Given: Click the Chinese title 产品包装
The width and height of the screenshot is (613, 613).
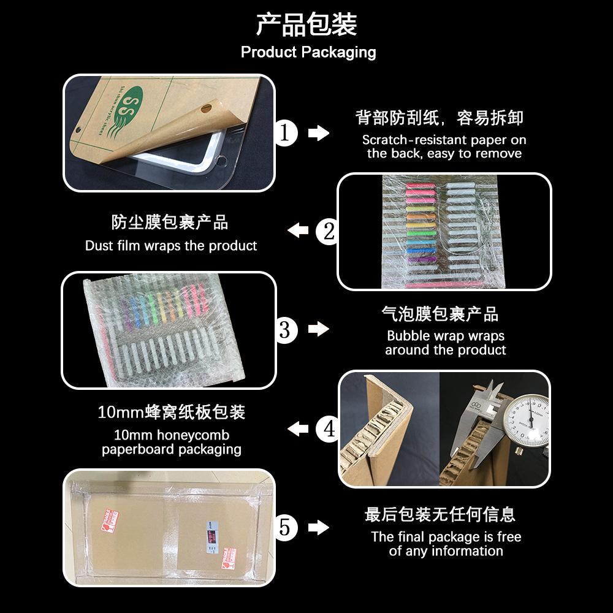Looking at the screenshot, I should pyautogui.click(x=306, y=25).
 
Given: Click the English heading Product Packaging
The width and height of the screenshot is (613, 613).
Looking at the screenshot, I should pyautogui.click(x=308, y=52).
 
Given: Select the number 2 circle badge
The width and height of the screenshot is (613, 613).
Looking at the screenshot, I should pyautogui.click(x=329, y=231).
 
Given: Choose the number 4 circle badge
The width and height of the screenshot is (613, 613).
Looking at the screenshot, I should pyautogui.click(x=329, y=428).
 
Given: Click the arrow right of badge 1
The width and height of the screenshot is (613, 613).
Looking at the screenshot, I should pyautogui.click(x=318, y=133).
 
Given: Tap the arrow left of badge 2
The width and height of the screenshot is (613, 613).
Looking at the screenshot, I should pyautogui.click(x=299, y=231).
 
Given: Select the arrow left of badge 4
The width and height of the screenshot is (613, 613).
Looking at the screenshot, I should pyautogui.click(x=299, y=428).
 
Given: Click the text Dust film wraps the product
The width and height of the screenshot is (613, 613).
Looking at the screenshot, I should pyautogui.click(x=171, y=246).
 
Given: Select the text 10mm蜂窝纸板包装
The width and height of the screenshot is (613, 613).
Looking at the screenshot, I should pyautogui.click(x=172, y=412).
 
